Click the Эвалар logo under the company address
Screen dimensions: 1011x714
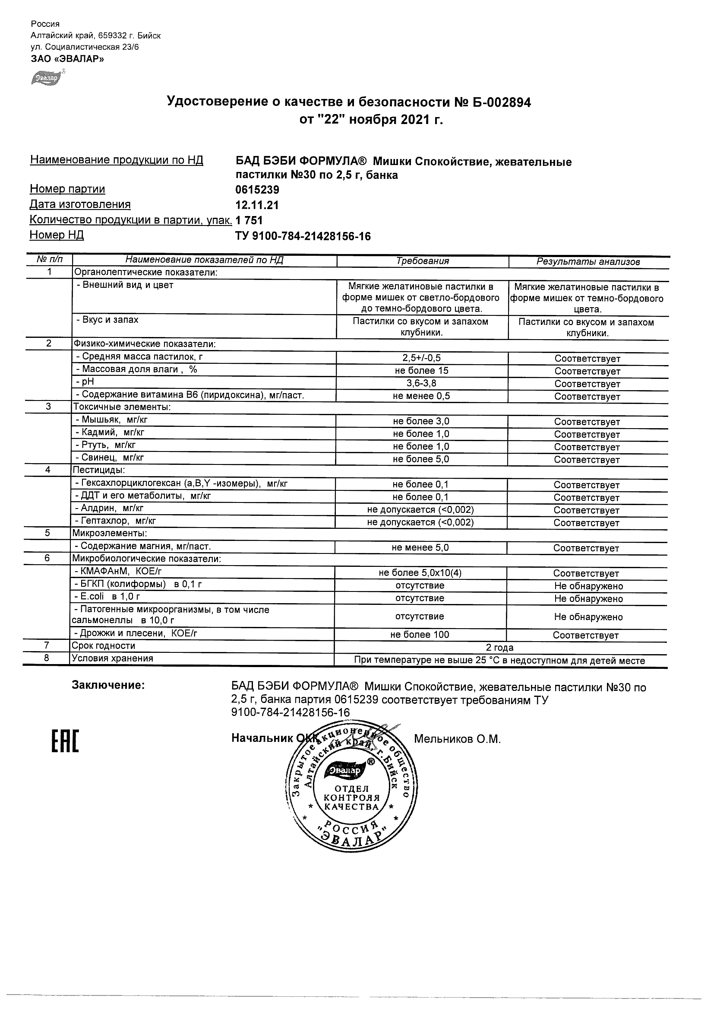pyautogui.click(x=45, y=77)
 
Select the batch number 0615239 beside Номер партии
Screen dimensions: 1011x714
pyautogui.click(x=258, y=190)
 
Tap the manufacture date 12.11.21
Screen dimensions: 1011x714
pyautogui.click(x=257, y=205)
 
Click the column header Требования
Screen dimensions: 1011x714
pyautogui.click(x=422, y=261)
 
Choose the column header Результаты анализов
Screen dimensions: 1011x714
pyautogui.click(x=588, y=261)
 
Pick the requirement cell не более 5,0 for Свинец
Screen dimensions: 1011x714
pyautogui.click(x=421, y=459)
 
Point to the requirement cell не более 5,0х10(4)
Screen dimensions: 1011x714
pyautogui.click(x=420, y=572)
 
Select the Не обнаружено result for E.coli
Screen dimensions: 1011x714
pyautogui.click(x=588, y=598)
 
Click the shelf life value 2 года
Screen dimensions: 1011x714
pyautogui.click(x=500, y=647)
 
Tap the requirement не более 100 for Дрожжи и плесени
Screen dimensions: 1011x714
pyautogui.click(x=420, y=635)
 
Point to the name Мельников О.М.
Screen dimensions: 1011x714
pyautogui.click(x=457, y=739)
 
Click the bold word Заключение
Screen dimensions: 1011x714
pyautogui.click(x=108, y=685)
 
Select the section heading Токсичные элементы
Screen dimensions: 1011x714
pyautogui.click(x=122, y=407)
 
